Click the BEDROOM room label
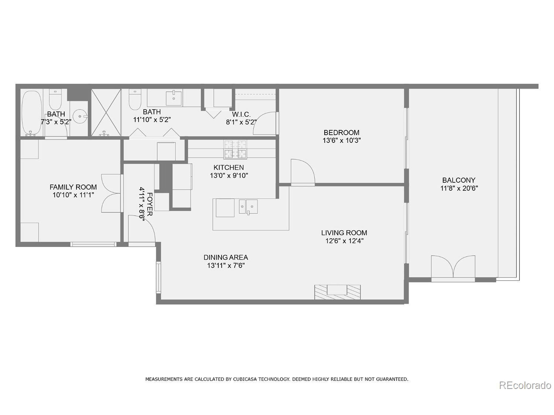(x=341, y=132)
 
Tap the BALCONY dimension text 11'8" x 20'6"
(x=459, y=188)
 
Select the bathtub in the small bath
(x=32, y=113)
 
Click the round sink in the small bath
(x=80, y=116)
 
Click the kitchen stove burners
(x=235, y=149)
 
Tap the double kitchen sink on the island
(x=248, y=207)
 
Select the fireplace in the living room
(x=337, y=292)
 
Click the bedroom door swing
(x=303, y=172)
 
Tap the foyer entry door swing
(x=141, y=229)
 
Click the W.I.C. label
(x=241, y=115)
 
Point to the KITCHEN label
(x=228, y=167)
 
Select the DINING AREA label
(x=226, y=257)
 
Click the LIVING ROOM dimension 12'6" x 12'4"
(x=344, y=241)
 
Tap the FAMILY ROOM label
(x=73, y=187)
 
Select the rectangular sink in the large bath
(x=174, y=98)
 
